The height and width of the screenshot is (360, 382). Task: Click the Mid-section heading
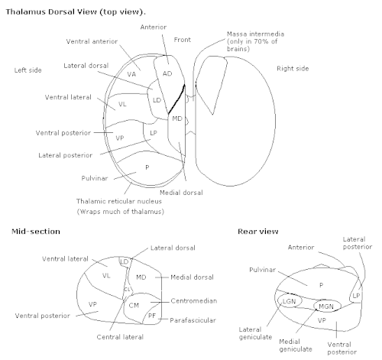tap(36, 232)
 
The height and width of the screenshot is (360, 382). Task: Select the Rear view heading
tap(258, 232)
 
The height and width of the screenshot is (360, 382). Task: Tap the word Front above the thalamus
tap(183, 40)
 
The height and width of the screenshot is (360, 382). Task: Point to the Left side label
tap(28, 70)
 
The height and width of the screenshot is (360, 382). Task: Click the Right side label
tap(293, 69)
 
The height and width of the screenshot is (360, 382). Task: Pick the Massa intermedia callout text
tap(255, 41)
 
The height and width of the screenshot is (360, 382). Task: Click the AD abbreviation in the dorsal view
tap(167, 73)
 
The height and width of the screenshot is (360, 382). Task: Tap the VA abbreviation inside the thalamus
tap(131, 74)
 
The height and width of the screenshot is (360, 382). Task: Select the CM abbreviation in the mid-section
tap(134, 305)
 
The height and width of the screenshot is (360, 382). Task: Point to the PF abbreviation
tap(152, 316)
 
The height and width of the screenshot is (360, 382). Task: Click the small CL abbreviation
tap(127, 290)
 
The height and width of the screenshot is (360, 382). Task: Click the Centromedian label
tap(194, 301)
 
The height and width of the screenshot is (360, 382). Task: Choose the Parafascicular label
tap(193, 320)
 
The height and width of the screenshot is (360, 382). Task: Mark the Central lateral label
tap(120, 337)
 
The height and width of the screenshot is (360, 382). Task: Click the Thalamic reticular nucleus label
tap(119, 201)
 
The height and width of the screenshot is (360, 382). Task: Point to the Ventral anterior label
tap(92, 41)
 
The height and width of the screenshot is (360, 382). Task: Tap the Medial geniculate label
tap(296, 345)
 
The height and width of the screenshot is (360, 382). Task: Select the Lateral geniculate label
tap(255, 333)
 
